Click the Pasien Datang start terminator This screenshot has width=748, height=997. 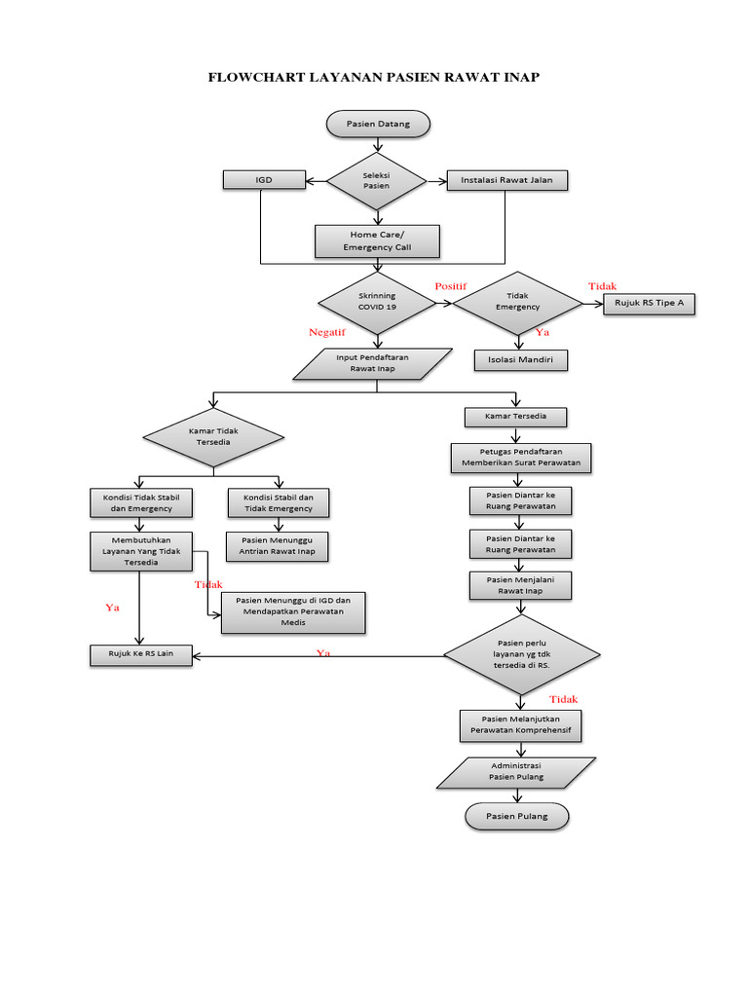378,124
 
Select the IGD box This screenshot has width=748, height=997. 263,180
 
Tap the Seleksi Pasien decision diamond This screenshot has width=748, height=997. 376,181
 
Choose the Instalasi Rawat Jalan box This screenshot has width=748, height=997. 506,180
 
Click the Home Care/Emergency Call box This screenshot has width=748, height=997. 377,241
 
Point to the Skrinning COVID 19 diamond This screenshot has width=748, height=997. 377,301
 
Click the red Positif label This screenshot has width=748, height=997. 451,285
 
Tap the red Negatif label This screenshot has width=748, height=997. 328,332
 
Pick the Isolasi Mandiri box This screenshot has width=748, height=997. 520,360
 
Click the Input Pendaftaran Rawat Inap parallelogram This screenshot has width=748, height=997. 373,363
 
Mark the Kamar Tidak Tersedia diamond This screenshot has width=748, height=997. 213,435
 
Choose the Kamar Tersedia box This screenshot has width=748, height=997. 515,417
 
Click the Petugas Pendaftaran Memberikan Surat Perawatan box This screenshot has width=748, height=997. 521,458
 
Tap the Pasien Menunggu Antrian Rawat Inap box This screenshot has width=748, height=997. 278,546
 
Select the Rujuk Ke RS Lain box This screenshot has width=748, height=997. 141,653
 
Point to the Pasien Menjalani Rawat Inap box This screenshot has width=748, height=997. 520,585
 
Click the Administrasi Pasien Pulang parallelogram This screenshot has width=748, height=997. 515,772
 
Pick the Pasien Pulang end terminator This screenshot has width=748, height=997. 517,816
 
